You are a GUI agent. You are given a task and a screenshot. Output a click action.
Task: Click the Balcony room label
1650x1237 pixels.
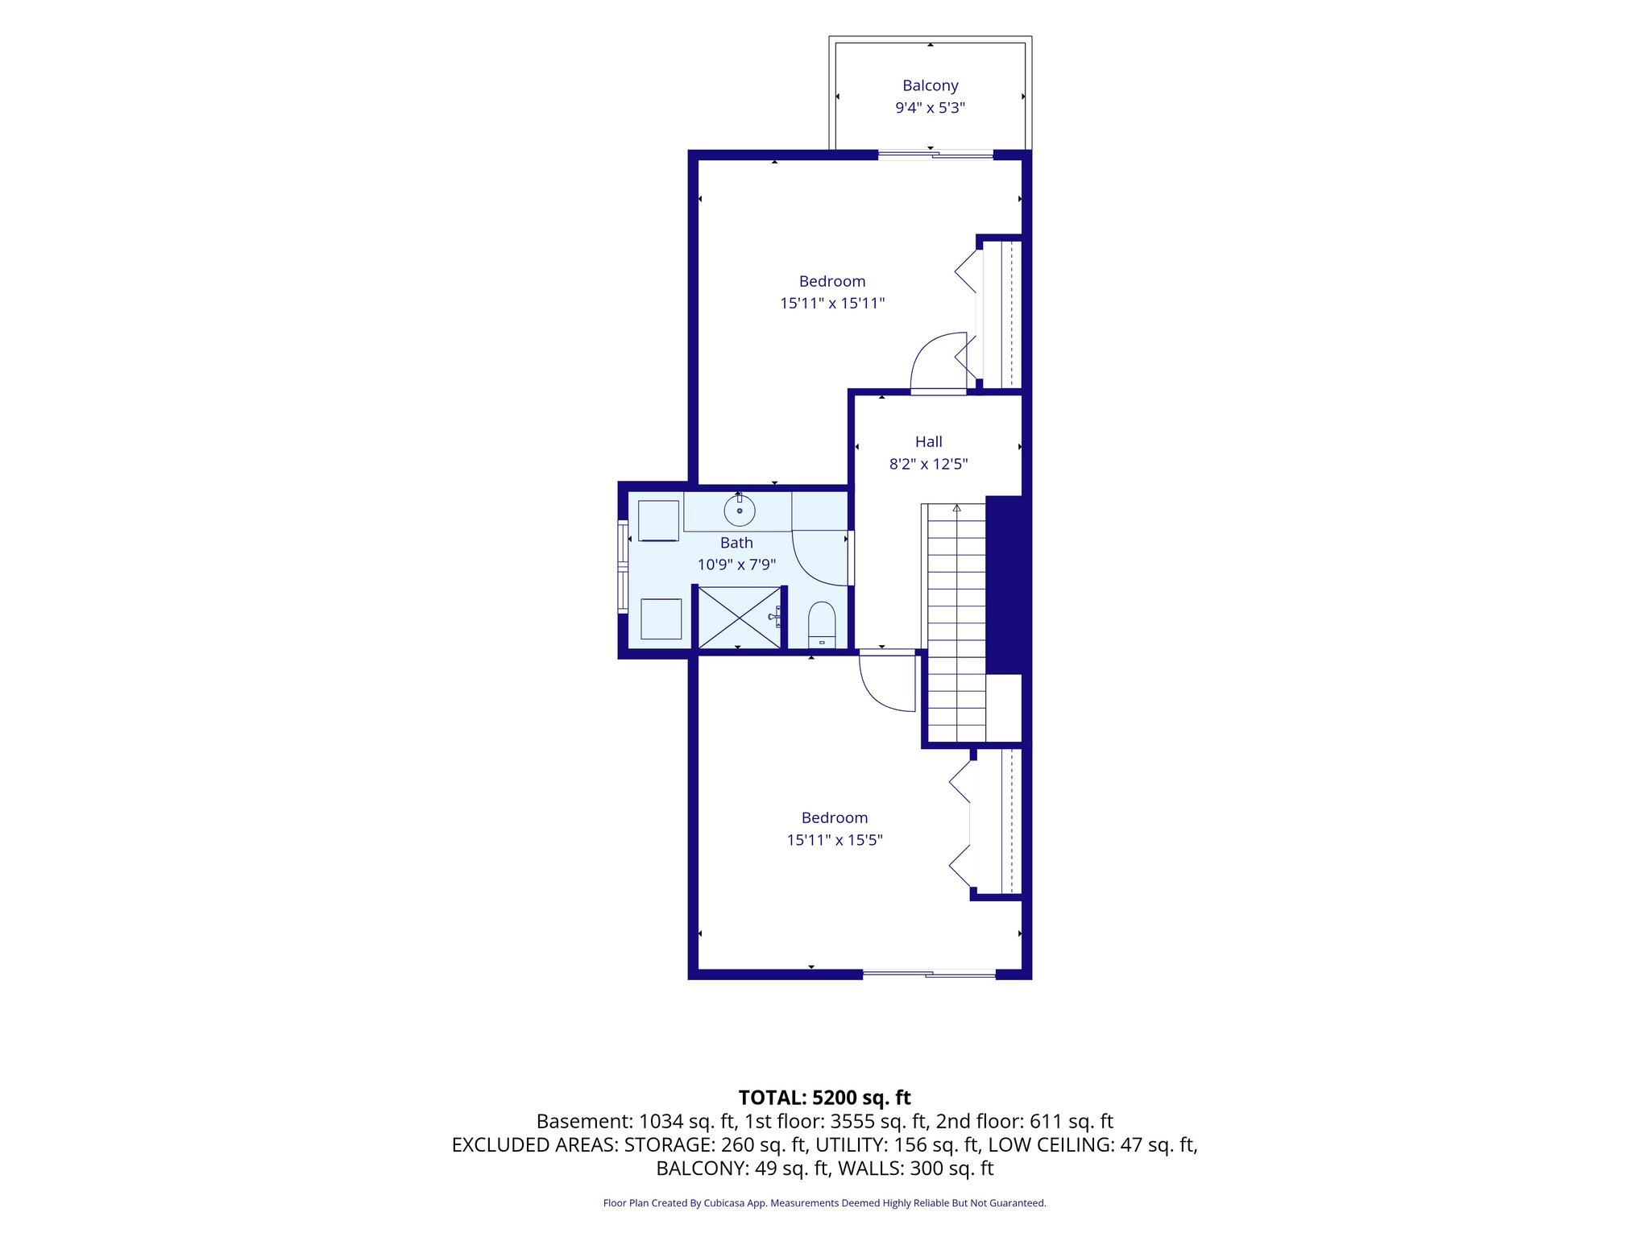930,85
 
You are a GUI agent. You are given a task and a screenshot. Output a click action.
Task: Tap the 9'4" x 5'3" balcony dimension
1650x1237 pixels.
930,108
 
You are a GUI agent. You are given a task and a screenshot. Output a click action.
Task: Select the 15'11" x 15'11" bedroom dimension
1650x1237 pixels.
832,304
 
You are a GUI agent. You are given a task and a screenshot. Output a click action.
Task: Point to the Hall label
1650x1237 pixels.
928,441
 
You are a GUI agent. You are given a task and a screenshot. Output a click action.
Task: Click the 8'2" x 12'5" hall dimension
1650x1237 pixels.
928,464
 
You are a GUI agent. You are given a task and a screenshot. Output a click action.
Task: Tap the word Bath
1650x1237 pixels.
736,543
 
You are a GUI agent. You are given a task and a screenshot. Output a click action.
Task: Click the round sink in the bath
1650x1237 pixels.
739,511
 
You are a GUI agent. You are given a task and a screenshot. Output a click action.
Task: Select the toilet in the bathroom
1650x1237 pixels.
822,624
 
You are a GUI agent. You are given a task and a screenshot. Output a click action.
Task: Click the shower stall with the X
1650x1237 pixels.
739,618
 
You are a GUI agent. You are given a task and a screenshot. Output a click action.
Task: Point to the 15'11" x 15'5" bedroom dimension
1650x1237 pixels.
835,840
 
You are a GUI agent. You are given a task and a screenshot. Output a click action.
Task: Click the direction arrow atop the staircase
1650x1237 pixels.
956,508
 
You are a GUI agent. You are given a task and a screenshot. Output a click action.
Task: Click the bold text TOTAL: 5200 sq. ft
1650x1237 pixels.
824,1098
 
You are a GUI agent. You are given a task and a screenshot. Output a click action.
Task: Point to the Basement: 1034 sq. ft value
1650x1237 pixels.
636,1121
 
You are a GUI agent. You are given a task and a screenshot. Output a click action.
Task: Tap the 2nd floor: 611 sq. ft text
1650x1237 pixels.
1024,1121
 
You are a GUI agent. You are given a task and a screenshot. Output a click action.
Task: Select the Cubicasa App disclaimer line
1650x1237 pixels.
824,1203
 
